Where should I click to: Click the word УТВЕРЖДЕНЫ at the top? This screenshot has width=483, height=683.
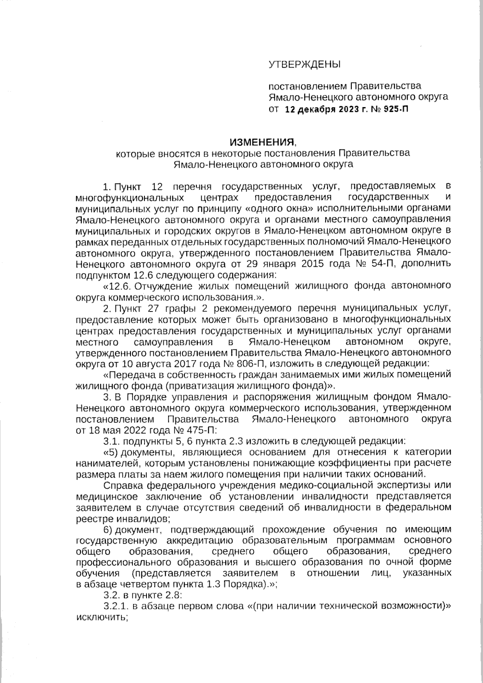pos(304,64)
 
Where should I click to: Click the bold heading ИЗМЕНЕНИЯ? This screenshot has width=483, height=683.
pos(262,142)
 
